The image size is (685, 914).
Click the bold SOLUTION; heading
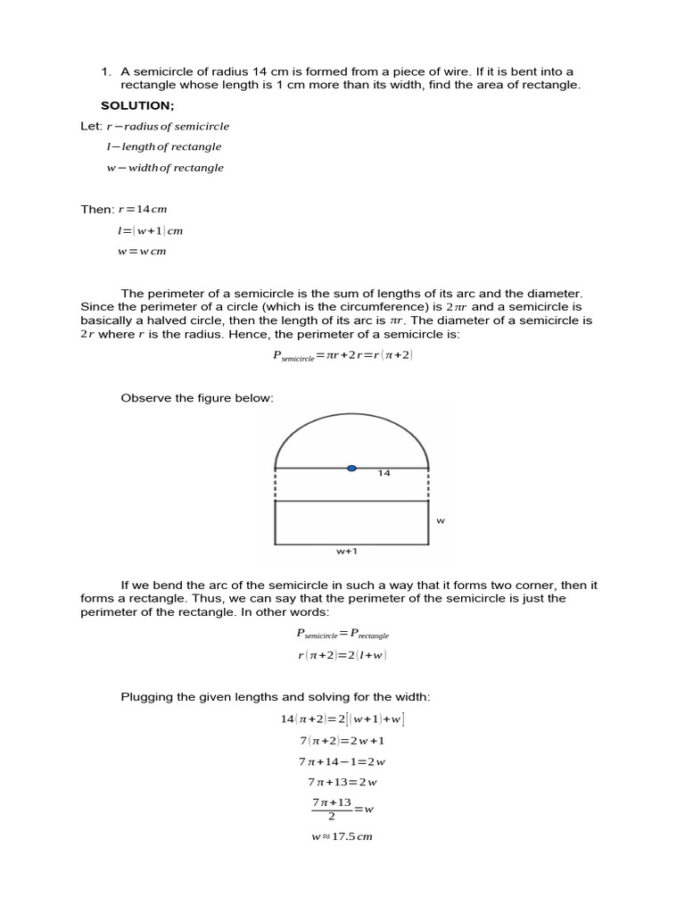tap(137, 105)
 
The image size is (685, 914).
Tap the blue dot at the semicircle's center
tap(351, 468)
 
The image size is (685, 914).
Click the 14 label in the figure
tap(384, 473)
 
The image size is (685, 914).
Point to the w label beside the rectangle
tap(440, 519)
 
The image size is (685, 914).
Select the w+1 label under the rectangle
tap(347, 552)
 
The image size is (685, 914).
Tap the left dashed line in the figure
tap(275, 485)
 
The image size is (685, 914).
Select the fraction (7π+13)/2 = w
tap(342, 809)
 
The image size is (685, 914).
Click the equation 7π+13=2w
tap(342, 782)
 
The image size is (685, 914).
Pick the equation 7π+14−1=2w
tap(342, 761)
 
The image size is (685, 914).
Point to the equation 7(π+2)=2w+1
tap(342, 740)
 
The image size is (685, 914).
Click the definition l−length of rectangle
tap(163, 146)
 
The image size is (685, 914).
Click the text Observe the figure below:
tap(197, 398)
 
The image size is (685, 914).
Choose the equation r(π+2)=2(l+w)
tap(342, 655)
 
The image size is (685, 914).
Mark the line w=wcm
tap(142, 252)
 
